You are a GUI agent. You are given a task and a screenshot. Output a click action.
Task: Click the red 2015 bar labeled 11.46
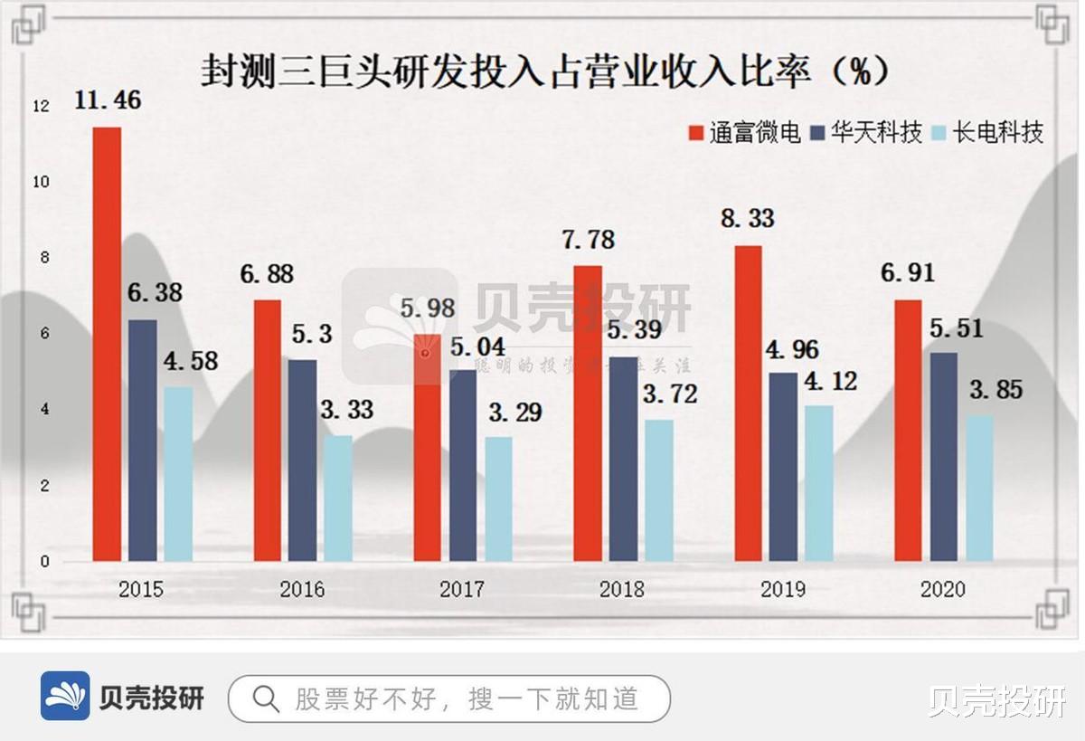(x=107, y=344)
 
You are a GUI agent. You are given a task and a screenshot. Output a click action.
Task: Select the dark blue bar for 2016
(x=303, y=460)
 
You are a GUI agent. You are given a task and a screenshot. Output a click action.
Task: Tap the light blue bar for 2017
(x=498, y=499)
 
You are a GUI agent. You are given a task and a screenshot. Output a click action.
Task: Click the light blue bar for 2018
(x=659, y=489)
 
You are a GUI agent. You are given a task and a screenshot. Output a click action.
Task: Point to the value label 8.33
(x=748, y=219)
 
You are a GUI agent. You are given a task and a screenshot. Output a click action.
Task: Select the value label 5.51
(x=958, y=328)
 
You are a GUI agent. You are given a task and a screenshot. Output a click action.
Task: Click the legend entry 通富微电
(x=743, y=134)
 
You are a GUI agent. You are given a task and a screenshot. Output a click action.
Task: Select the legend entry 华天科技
(x=866, y=134)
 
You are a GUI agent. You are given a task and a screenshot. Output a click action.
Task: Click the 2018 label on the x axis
(x=622, y=590)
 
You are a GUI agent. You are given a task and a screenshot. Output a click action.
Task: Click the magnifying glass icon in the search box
(x=265, y=698)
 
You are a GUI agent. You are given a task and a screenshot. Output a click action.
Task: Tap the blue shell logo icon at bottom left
(x=65, y=696)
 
